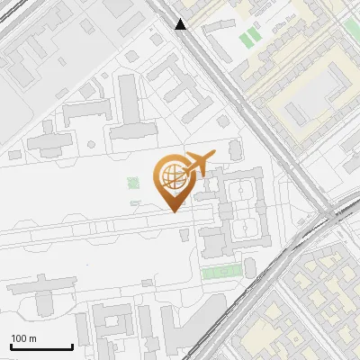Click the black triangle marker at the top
pos(182,24)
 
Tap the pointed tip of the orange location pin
pos(173,209)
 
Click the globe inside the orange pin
pos(172,175)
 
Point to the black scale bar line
pos(40,347)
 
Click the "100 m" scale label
pos(24,338)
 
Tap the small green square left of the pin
pos(134,183)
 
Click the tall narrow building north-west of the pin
pos(130,99)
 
